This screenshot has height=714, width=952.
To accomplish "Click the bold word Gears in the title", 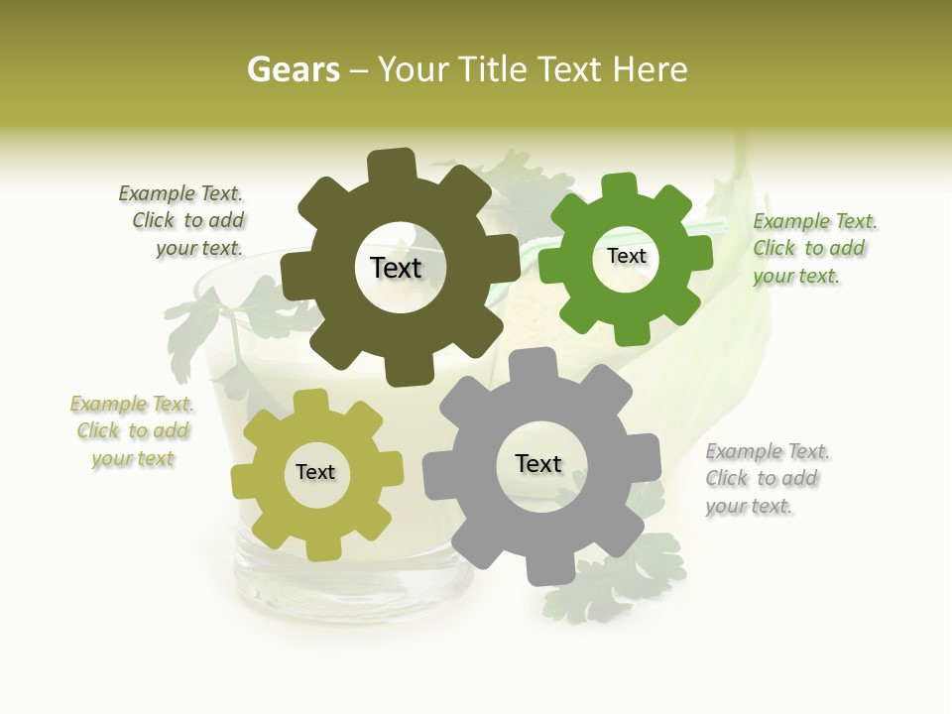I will tap(293, 69).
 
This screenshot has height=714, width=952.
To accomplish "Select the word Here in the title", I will tap(650, 69).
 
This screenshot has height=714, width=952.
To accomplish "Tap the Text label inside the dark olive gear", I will tap(396, 268).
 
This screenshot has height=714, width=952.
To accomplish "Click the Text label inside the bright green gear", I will tap(626, 256).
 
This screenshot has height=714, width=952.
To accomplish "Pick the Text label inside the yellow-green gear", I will tap(315, 472).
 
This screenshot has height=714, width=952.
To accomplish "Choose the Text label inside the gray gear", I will tap(538, 463).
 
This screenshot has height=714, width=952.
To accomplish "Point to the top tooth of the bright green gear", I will tap(620, 185).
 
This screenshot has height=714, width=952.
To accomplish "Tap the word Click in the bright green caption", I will tap(773, 248).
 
